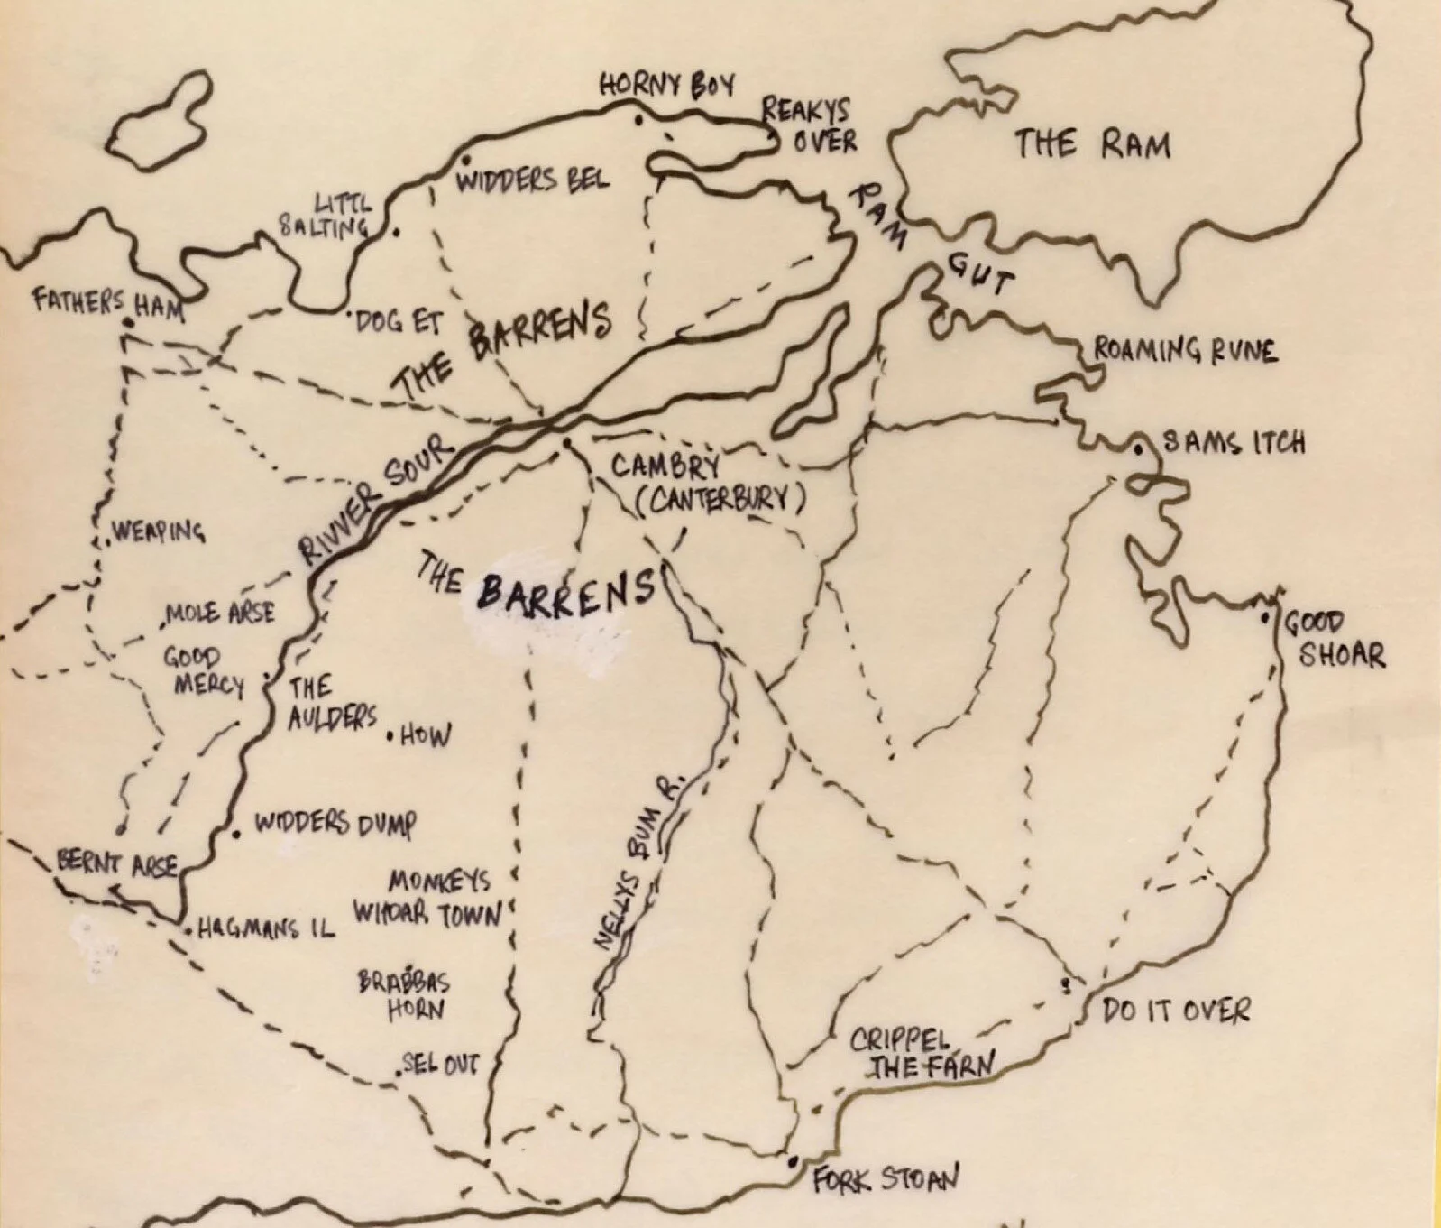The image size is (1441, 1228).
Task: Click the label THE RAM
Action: coord(1092,144)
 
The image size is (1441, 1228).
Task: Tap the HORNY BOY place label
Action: coord(667,85)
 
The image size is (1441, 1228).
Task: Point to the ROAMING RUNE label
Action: coord(1185,349)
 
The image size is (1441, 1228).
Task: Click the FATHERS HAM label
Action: coord(108,304)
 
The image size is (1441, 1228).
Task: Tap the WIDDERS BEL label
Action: coord(532,180)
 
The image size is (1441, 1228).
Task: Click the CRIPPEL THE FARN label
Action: coord(920,1054)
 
